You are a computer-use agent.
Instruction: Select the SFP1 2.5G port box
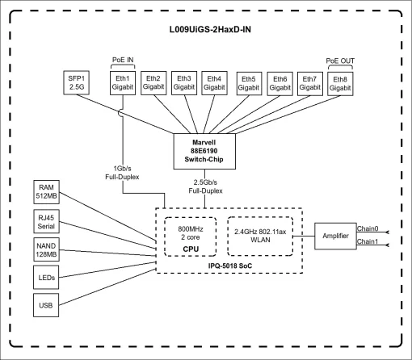pos(77,82)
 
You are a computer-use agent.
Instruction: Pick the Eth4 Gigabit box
pos(214,82)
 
